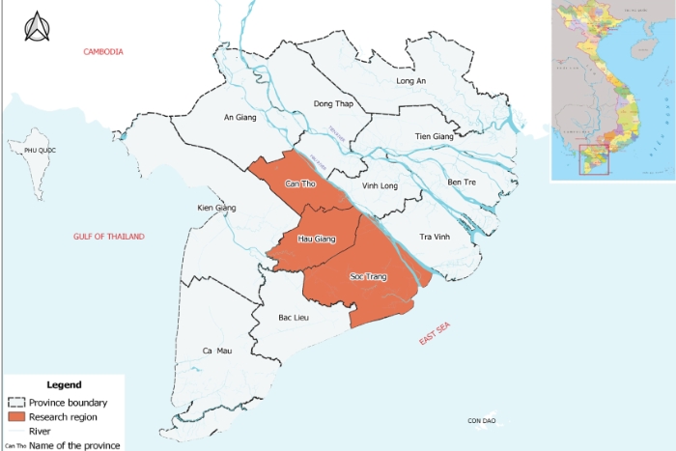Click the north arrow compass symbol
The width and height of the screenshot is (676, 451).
pyautogui.click(x=38, y=27)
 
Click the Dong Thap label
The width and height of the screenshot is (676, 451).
pyautogui.click(x=330, y=103)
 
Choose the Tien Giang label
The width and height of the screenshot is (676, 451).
pyautogui.click(x=434, y=137)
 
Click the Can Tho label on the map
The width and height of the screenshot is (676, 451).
pyautogui.click(x=301, y=183)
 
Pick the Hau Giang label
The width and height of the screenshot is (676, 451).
pyautogui.click(x=316, y=239)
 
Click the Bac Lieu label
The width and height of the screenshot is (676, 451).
pyautogui.click(x=293, y=318)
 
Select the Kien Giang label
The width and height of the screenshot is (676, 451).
pyautogui.click(x=216, y=208)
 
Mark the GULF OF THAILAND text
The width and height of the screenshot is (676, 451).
pyautogui.click(x=108, y=237)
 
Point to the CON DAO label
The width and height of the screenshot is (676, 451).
pyautogui.click(x=481, y=421)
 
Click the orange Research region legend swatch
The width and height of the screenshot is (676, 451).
pyautogui.click(x=15, y=416)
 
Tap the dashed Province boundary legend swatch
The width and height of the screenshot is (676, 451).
pyautogui.click(x=15, y=403)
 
